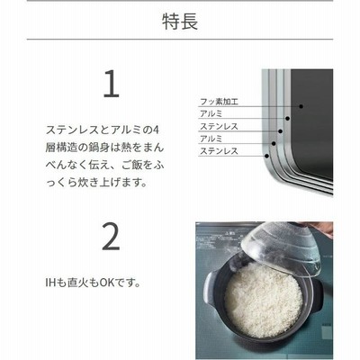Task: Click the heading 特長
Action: (180, 22)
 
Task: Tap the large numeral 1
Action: (112, 84)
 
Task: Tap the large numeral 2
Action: (111, 236)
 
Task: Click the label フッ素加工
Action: (219, 102)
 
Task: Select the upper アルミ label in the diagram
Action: (211, 114)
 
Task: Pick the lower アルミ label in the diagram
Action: (211, 139)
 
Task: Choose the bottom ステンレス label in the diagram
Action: (219, 151)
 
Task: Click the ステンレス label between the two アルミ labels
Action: (219, 127)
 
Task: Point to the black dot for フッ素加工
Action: (301, 106)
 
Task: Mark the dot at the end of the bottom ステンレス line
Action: (266, 156)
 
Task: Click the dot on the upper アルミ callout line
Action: (287, 119)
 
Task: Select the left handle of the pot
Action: (210, 288)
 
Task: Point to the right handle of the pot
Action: (317, 295)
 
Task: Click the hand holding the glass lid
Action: (322, 228)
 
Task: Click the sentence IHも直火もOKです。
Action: (94, 283)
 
